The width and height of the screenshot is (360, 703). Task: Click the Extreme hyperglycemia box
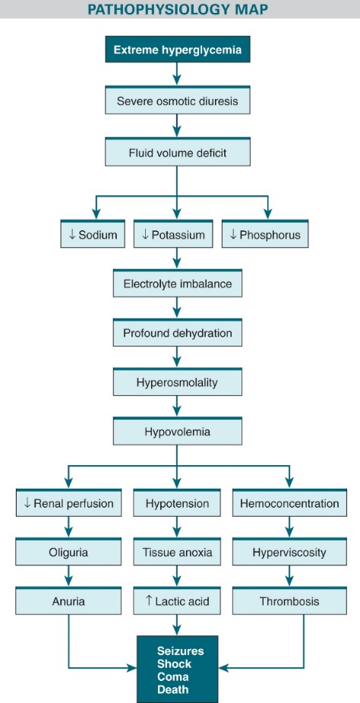(178, 49)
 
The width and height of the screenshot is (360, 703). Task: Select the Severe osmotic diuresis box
(178, 100)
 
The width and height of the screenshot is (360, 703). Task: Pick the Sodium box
(93, 233)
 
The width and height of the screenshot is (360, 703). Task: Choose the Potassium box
(173, 233)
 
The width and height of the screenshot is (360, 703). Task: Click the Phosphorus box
(265, 233)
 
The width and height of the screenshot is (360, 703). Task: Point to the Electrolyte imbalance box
(178, 283)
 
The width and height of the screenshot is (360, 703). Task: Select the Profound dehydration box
(178, 332)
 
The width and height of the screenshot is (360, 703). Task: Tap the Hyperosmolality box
(178, 382)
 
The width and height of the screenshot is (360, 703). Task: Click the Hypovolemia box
(178, 431)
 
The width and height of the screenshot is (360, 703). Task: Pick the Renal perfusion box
(68, 502)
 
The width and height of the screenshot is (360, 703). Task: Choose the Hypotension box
(177, 502)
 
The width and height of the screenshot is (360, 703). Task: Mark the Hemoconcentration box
(289, 502)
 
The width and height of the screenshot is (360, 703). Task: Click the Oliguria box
(68, 552)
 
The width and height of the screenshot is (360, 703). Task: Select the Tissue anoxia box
(177, 552)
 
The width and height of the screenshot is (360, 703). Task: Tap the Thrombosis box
(289, 600)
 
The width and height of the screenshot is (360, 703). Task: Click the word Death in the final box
(172, 689)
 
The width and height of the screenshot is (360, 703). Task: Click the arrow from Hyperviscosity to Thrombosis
(289, 575)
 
